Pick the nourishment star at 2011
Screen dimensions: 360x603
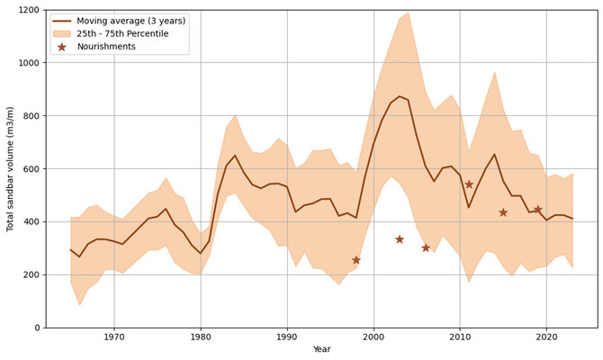pos(469,184)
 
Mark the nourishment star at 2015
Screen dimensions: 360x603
pos(503,212)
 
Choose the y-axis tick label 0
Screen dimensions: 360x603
pos(38,328)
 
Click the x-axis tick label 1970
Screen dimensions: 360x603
pos(114,337)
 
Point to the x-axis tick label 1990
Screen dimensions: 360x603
pos(287,337)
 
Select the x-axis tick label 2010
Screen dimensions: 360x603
pos(460,337)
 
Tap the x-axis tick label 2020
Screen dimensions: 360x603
pos(546,337)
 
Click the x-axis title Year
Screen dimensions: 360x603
pos(321,350)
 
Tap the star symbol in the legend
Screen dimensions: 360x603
pos(62,47)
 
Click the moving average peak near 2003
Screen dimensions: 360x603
pos(400,96)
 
